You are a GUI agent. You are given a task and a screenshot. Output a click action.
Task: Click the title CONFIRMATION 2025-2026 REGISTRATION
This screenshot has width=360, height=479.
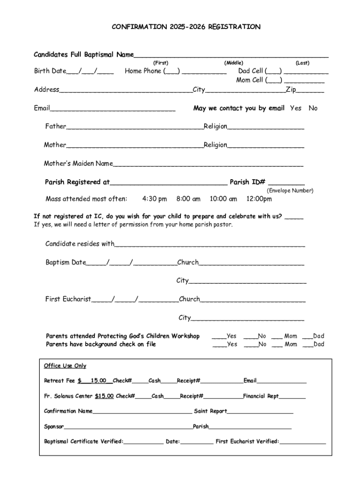point(186,27)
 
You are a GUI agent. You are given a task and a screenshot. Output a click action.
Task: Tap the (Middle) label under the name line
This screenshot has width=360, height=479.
point(233,63)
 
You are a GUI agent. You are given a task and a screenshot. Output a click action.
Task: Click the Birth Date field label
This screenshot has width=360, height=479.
point(50,71)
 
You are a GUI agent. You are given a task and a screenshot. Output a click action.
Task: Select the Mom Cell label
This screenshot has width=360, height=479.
point(250,80)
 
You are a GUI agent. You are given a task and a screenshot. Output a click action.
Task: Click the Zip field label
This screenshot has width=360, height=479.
point(291,89)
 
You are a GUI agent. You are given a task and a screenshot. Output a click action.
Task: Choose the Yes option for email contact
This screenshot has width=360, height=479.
point(295,108)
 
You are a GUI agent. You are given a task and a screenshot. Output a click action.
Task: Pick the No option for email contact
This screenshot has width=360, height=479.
point(313,108)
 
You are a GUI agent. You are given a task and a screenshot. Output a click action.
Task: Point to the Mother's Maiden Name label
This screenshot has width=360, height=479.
point(78,164)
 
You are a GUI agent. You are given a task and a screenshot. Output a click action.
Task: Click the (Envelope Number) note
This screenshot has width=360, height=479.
point(290,191)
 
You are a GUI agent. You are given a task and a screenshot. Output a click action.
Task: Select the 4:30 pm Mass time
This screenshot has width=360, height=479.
point(154,199)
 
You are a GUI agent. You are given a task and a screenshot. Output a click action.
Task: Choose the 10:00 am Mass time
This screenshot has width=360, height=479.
point(223,199)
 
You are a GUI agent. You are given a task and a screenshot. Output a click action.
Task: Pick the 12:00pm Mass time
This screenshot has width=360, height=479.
point(259,199)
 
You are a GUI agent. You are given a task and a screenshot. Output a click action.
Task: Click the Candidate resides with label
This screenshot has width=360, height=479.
point(79,244)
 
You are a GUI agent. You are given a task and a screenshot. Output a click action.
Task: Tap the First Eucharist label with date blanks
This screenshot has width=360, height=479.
point(68,299)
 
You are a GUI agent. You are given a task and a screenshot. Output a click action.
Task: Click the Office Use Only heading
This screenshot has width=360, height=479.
point(65,366)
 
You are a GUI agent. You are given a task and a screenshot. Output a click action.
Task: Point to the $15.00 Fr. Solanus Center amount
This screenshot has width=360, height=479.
point(104,396)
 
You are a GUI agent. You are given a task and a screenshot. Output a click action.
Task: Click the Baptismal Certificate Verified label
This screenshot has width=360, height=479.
point(84,441)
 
